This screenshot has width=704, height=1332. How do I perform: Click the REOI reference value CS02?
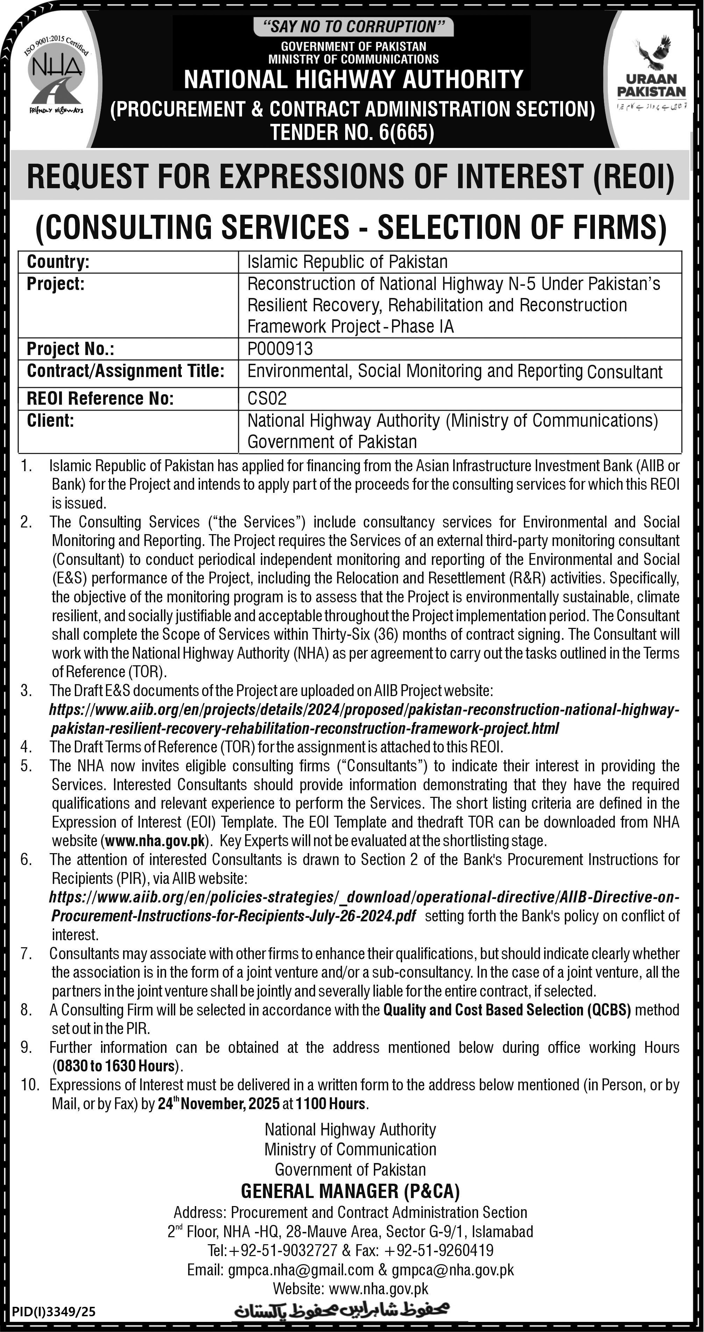point(267,398)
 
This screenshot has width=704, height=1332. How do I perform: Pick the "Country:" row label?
point(58,262)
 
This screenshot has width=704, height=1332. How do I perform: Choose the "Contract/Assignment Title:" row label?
point(126,371)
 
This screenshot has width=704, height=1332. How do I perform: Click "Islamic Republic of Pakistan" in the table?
point(347,262)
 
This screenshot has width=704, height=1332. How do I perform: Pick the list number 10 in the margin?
point(30,1085)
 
